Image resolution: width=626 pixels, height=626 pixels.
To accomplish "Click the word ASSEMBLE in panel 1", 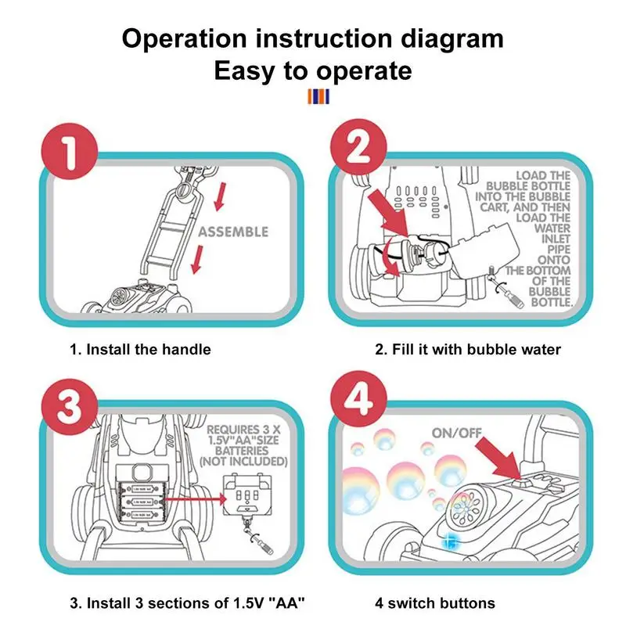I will pyautogui.click(x=233, y=232).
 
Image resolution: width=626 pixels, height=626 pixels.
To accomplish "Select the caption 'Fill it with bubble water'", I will pyautogui.click(x=467, y=349).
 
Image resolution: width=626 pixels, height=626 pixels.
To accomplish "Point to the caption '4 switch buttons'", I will pyautogui.click(x=434, y=603).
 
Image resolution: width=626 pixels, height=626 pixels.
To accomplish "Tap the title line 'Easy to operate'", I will pyautogui.click(x=313, y=71).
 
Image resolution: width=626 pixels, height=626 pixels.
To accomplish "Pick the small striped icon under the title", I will pyautogui.click(x=319, y=96).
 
